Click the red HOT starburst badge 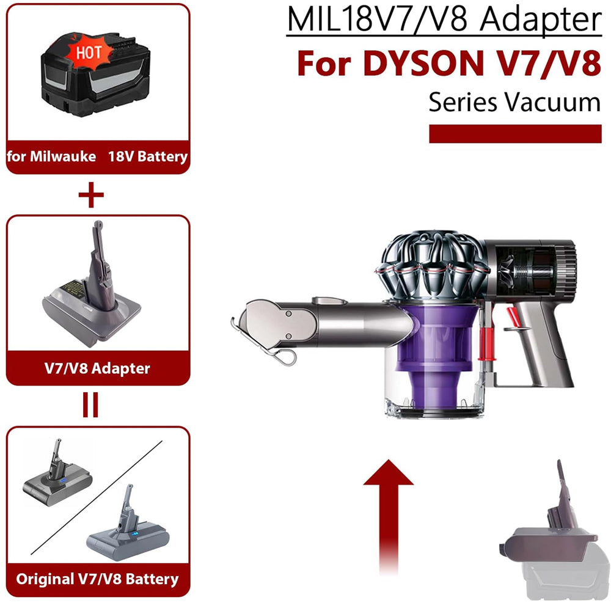89,52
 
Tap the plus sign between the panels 91,194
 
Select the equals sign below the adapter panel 90,405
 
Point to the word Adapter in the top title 541,20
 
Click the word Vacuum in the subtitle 554,102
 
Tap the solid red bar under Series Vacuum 515,134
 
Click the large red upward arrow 388,516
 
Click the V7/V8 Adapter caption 97,368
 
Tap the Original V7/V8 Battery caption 97,579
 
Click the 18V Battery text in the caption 148,156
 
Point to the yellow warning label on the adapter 72,288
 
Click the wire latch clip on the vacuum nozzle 265,343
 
